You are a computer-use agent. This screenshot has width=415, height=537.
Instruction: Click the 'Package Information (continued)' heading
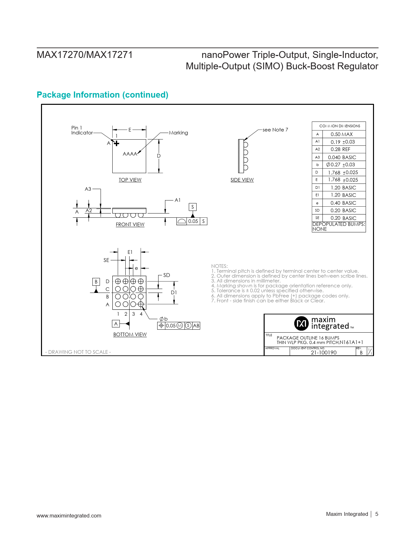coord(103,95)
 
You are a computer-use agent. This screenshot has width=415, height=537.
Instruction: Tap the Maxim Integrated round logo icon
coord(301,323)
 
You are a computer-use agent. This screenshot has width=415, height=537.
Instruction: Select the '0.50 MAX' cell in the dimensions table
coord(341,134)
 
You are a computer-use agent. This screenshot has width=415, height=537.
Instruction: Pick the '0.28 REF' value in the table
coord(340,149)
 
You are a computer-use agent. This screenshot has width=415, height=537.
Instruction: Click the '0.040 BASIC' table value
coord(342,157)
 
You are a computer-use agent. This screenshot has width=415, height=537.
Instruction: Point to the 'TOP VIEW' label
coord(130,180)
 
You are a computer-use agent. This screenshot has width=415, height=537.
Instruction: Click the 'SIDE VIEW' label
coord(242,180)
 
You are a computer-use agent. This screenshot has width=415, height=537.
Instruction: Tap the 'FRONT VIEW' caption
coord(130,225)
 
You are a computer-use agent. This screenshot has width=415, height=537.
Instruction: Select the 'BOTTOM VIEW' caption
coord(130,335)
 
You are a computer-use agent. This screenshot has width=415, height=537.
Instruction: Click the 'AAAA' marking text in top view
coord(130,154)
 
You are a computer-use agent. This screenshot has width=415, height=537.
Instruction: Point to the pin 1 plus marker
coord(117,143)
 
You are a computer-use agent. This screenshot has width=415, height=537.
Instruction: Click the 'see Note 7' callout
coord(275,130)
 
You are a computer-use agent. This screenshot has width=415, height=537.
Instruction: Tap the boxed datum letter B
coord(96,282)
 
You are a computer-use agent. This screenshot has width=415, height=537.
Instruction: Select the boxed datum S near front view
coord(193,207)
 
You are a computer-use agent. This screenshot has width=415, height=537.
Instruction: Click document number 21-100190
coord(324,352)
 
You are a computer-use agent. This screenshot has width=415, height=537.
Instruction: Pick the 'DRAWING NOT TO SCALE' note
coord(78,352)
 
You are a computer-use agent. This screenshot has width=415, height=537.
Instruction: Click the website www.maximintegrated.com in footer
coord(69,516)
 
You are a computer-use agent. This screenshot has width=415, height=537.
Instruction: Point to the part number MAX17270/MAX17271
coord(85,55)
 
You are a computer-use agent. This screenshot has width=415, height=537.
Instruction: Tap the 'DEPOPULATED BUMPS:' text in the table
coord(339,224)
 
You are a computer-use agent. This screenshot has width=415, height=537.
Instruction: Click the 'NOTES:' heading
coord(219,266)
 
